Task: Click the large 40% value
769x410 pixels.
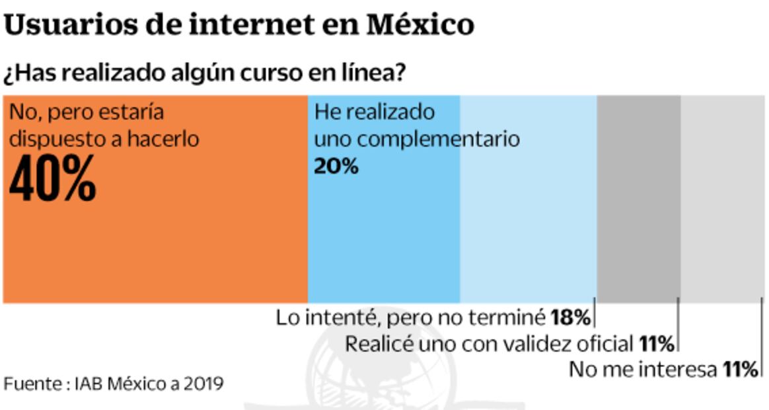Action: [53, 179]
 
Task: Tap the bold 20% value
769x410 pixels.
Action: [336, 166]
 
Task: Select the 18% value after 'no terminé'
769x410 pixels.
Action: [569, 318]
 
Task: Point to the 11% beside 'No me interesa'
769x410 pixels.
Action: [739, 369]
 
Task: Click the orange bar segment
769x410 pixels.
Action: [155, 245]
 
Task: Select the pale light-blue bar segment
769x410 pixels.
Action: [529, 225]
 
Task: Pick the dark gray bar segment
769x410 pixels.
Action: [638, 198]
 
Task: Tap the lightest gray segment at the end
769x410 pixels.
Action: [723, 198]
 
